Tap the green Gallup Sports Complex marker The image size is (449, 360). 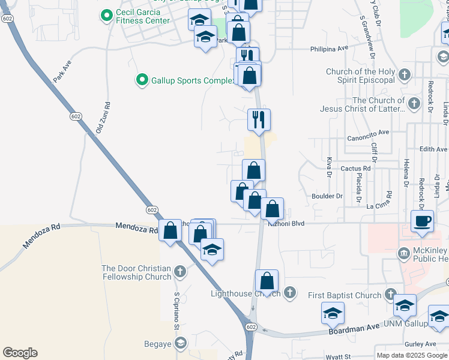pos(142,79)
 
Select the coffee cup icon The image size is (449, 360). pos(421,220)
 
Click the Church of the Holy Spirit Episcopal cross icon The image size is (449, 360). pos(405,75)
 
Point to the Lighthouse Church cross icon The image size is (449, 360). pos(289,293)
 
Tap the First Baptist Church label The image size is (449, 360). pos(345,295)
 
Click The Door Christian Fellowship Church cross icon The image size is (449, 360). pos(179,272)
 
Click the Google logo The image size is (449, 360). pos(20,353)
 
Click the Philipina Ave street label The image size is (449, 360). pos(330,49)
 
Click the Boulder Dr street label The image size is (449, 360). pos(327,196)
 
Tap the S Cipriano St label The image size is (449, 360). pos(177,311)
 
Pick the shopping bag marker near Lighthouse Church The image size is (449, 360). pos(267,280)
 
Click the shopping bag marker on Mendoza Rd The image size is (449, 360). pos(170,230)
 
